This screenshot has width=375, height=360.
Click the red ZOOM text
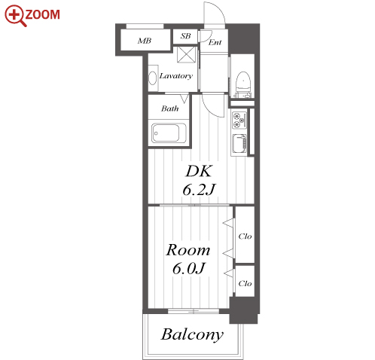[43, 14]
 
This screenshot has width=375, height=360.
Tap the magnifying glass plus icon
[15, 16]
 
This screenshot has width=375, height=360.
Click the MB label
[145, 41]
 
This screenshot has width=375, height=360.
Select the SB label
[185, 36]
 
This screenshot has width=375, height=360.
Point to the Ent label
[215, 42]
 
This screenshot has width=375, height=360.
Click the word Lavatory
[176, 76]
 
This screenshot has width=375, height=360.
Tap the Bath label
[170, 108]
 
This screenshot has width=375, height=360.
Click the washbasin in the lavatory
[152, 78]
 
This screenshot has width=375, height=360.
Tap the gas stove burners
[239, 120]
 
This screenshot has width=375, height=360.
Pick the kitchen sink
[239, 144]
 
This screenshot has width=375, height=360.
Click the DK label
[199, 171]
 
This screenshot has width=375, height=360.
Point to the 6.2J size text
[199, 190]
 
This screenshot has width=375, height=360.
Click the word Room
[187, 250]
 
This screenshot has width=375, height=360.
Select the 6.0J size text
[189, 268]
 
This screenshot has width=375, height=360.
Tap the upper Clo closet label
[245, 236]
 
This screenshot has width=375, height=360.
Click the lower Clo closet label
[245, 284]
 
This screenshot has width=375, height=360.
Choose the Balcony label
[192, 334]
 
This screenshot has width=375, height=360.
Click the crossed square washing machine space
[186, 54]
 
